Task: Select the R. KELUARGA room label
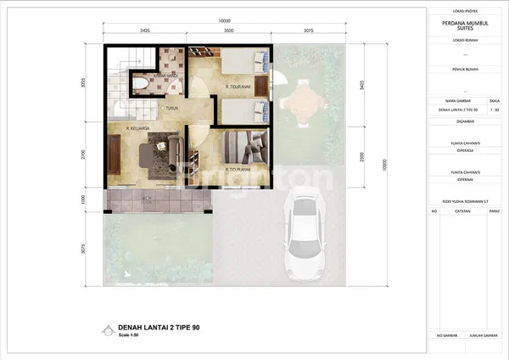[138, 129]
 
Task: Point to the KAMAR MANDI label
[164, 76]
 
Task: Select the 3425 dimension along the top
[145, 30]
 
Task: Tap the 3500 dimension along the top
[229, 30]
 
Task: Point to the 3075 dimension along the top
[308, 30]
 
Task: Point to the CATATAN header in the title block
[462, 209]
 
